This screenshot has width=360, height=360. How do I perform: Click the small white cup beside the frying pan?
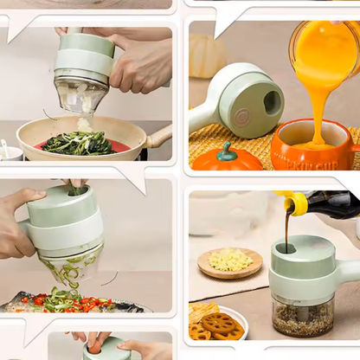pos(10,152)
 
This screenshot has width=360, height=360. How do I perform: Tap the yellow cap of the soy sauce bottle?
pos(296,204)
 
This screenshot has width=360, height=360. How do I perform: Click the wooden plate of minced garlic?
pos(229,261)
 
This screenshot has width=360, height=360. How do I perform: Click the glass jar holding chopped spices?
pos(303,317)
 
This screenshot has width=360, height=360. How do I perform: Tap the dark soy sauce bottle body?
pos(332,204)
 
